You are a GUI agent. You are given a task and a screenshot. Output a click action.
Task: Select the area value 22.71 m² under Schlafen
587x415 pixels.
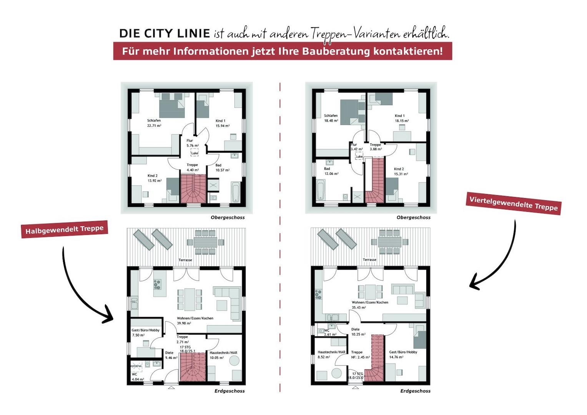[x=154, y=126]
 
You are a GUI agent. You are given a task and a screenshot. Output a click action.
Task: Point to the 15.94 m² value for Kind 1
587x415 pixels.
[x=222, y=126]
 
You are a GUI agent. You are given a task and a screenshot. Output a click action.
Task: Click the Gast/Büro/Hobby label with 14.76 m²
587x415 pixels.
[x=403, y=352]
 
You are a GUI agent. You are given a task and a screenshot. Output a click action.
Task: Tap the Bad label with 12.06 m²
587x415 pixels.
[x=327, y=169]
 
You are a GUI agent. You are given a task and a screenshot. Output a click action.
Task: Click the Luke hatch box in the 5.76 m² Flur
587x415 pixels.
[x=195, y=153]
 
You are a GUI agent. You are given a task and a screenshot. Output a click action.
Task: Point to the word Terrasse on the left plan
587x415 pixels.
[x=185, y=260]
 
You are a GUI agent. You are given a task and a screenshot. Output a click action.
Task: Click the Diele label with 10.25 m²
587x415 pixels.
[x=356, y=329]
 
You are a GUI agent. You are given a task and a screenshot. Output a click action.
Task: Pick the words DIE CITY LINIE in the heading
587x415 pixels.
[x=165, y=33]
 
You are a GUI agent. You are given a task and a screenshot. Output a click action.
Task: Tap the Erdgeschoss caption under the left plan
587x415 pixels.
[x=230, y=391]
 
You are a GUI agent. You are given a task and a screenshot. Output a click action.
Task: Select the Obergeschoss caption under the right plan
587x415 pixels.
[x=413, y=217]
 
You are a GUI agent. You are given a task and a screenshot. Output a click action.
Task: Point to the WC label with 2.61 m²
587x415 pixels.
[x=327, y=330]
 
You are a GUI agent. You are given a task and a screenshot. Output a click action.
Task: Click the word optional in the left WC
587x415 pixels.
[x=136, y=366]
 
